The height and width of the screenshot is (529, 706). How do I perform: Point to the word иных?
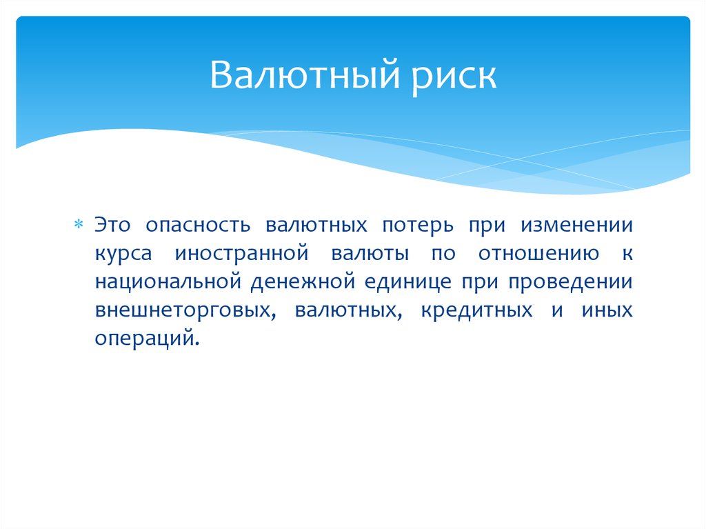(609, 310)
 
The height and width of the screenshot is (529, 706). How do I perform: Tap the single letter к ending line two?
(627, 254)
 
